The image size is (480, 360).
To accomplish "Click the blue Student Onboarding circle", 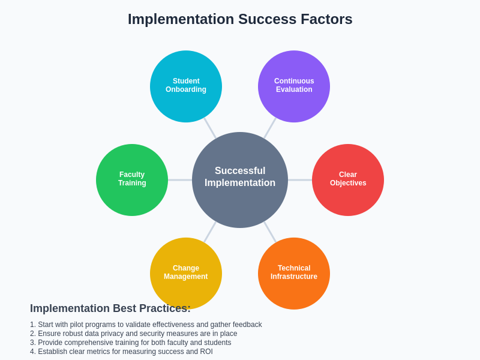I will (186, 86).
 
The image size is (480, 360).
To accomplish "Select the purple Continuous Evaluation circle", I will (294, 86).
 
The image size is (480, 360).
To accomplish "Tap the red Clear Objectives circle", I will (348, 179).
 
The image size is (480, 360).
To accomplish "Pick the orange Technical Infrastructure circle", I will (294, 273).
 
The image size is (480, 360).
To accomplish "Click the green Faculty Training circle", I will (132, 179).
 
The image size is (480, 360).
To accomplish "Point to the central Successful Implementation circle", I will (240, 179).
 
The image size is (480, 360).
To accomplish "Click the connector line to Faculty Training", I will (180, 180).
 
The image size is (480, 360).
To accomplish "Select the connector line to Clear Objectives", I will (300, 180).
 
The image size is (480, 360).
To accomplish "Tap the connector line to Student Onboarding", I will (210, 128).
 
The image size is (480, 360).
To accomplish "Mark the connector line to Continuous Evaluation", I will (270, 128).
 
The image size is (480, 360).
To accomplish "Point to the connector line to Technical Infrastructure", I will (270, 232).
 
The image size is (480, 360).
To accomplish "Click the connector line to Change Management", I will (210, 232).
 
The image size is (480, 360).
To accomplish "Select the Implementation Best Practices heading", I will (110, 308).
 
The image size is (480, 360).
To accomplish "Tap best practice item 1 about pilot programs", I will (146, 325).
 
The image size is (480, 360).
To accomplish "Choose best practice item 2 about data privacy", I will (133, 334).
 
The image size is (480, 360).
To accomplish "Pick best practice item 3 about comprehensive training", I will (130, 343).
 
